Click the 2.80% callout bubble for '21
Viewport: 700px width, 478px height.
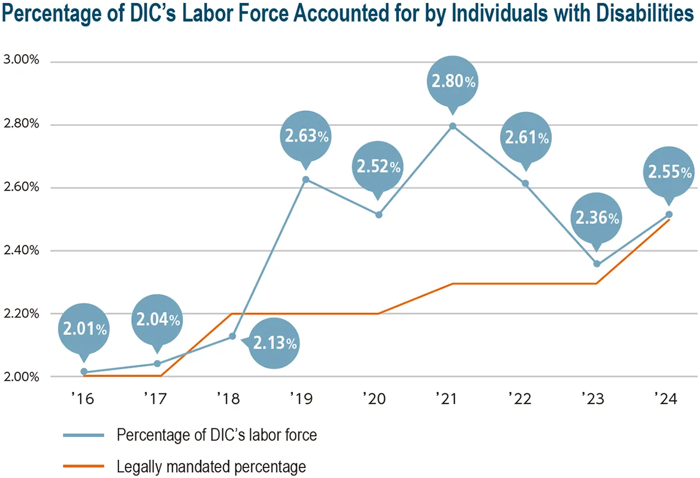452,81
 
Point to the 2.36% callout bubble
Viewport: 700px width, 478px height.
597,218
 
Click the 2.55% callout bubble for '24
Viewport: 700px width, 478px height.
670,172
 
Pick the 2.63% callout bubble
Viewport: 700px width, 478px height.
306,136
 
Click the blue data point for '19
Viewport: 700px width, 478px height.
305,180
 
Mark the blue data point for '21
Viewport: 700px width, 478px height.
452,126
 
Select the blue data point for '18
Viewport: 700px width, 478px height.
232,336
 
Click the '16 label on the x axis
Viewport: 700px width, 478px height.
82,399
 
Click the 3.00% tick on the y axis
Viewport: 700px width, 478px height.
21,61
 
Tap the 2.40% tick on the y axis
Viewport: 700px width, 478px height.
21,250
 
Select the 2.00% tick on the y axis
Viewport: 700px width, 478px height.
21,376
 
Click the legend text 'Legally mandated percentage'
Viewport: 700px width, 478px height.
211,466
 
